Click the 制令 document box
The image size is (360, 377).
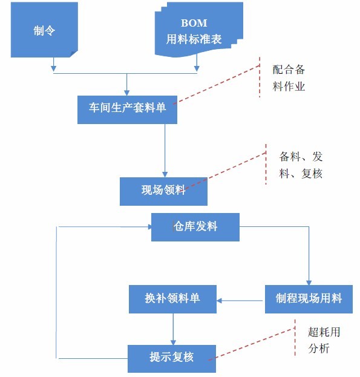tap(44, 30)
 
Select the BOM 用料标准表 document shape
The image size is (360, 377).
tap(198, 30)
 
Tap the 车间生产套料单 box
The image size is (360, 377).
tap(127, 110)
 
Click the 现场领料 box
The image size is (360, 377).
tap(163, 191)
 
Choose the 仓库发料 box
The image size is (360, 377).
tap(195, 227)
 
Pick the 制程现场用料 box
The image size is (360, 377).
tap(309, 299)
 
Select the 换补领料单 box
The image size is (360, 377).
tap(172, 299)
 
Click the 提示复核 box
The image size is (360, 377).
tap(172, 358)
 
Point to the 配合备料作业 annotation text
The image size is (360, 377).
tap(289, 78)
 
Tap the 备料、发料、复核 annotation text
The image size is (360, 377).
tap(301, 165)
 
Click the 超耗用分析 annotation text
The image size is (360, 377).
tap(324, 340)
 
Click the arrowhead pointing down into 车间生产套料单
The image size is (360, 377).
tap(126, 93)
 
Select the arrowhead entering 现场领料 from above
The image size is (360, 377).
tap(165, 174)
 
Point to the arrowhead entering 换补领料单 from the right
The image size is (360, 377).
tap(219, 300)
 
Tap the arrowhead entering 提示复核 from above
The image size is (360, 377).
tap(173, 342)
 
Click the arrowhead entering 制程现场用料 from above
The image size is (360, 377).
tap(309, 283)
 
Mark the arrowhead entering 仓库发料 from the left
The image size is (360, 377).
tap(149, 227)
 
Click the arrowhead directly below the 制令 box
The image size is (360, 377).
tap(54, 68)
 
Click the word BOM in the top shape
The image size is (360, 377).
tap(194, 23)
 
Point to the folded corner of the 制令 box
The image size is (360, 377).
tap(74, 54)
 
